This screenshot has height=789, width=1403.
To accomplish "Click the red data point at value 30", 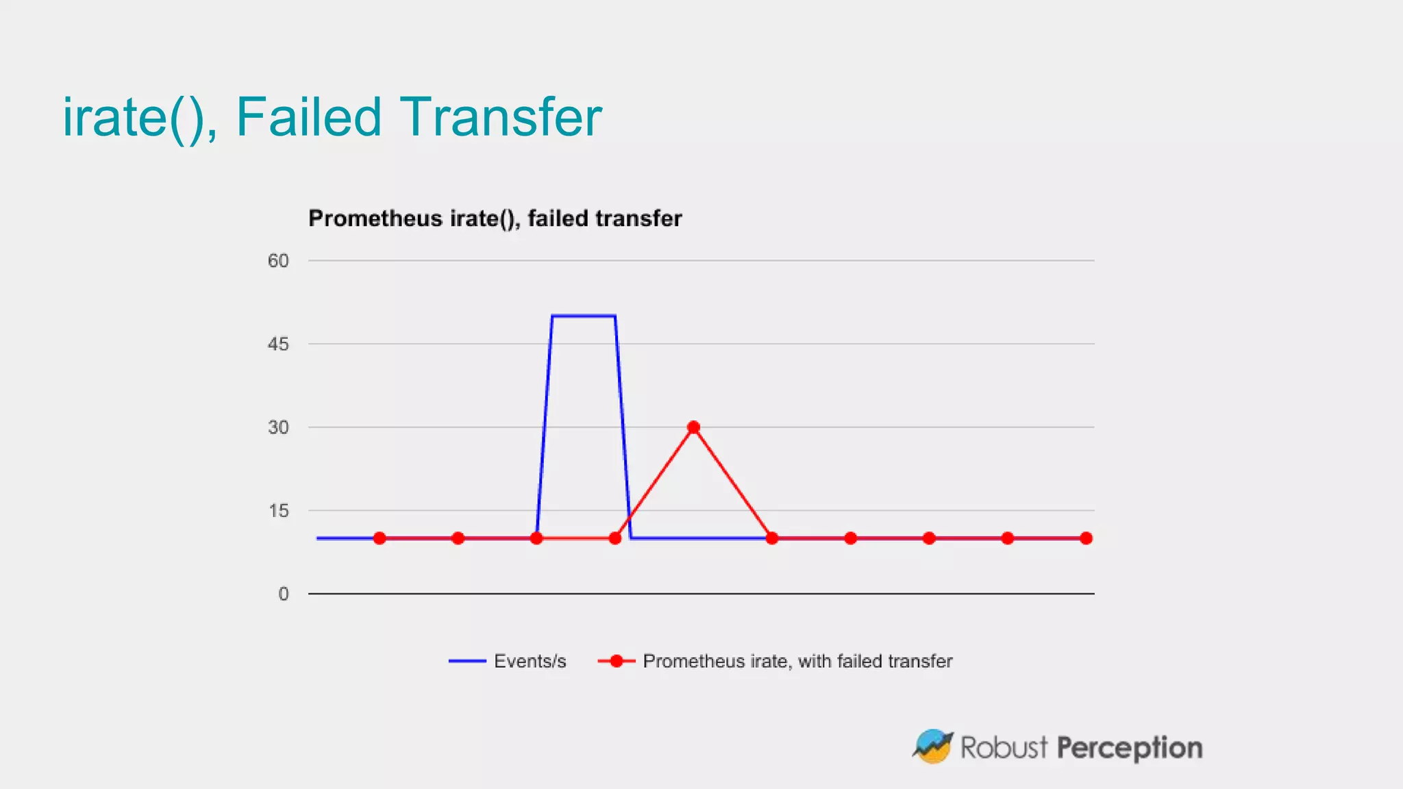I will click(x=693, y=427).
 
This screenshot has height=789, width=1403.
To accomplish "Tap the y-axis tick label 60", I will click(x=278, y=261).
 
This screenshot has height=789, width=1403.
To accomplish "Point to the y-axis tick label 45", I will click(x=278, y=344).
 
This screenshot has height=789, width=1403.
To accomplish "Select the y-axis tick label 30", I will click(x=278, y=427).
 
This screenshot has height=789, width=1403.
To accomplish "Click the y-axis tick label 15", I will click(x=278, y=511).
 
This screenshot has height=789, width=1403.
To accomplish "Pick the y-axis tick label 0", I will click(x=283, y=594).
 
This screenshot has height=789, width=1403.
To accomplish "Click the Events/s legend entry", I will click(x=530, y=661).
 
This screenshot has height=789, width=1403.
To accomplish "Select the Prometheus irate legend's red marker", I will click(x=616, y=661).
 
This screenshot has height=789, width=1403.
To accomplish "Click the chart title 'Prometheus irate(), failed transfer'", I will click(x=495, y=218).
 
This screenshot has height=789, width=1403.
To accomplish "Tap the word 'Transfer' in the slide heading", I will click(x=500, y=117).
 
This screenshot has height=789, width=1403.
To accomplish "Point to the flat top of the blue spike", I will click(x=584, y=316).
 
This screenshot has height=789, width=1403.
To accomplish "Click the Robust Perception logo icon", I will click(x=932, y=746).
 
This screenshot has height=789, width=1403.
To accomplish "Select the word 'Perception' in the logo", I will click(x=1129, y=748).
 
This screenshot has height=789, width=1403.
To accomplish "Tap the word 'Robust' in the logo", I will click(x=1004, y=747).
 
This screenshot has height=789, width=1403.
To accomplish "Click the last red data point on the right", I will click(x=1086, y=538).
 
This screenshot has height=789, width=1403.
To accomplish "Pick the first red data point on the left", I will click(x=380, y=538).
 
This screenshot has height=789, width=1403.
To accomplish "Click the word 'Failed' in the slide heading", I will click(x=308, y=117).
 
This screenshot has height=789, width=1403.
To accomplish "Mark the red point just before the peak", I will click(x=615, y=538).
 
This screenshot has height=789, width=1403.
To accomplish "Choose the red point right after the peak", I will click(x=772, y=538).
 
